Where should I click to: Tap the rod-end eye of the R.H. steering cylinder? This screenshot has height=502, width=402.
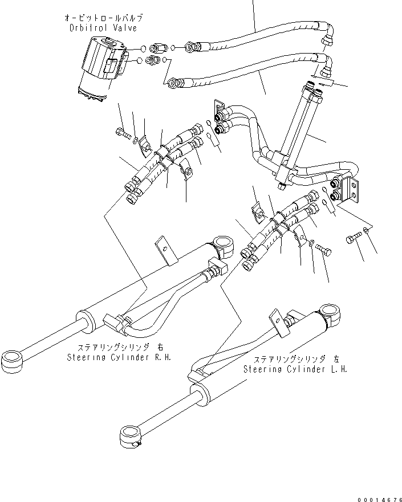pos(13,360)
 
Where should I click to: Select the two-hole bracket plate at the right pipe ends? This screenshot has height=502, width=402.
pos(353,191)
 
